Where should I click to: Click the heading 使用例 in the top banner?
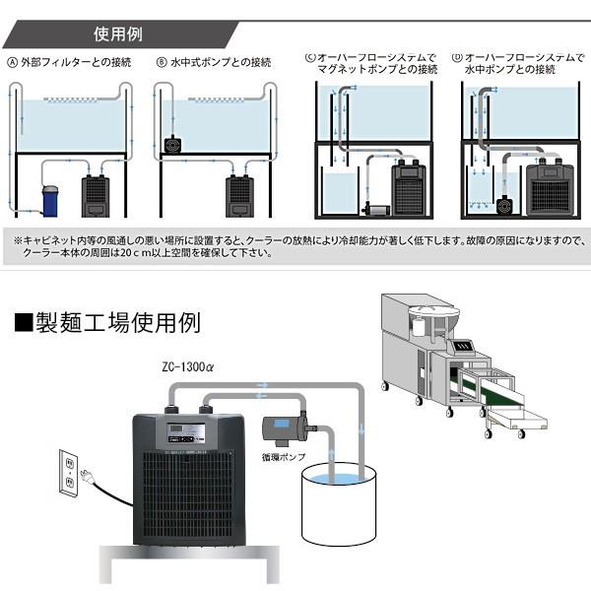point(117,34)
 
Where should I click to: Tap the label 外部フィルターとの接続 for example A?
point(68,62)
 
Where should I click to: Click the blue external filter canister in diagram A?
point(50,198)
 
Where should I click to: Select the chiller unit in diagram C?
point(409,187)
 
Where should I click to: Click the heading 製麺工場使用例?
point(108,323)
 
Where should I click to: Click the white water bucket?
point(337,505)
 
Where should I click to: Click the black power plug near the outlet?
point(89,478)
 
